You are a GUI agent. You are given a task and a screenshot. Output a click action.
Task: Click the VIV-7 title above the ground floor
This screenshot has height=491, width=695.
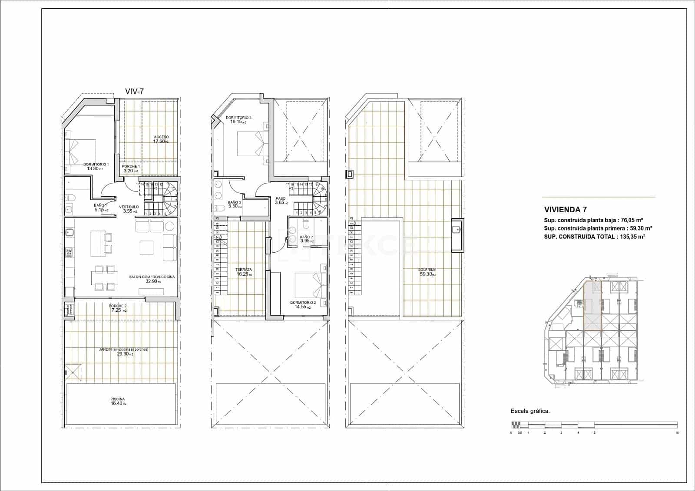pos(134,91)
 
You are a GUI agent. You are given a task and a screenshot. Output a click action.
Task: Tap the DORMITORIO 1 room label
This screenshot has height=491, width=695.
pos(96,166)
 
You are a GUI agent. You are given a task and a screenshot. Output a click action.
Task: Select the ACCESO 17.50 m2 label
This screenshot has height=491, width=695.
pos(161,139)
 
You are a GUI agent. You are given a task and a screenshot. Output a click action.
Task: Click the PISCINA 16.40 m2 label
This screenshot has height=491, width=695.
pos(118,401)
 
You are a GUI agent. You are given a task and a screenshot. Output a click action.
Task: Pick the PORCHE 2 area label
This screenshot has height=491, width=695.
pos(118,308)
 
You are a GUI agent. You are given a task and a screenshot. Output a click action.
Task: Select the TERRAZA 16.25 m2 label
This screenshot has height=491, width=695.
pos(244,272)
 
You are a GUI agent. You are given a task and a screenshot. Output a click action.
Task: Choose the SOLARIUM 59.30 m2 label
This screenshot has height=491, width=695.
pos(427,272)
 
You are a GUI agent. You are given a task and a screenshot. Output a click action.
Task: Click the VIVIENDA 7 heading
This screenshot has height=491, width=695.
pos(563,209)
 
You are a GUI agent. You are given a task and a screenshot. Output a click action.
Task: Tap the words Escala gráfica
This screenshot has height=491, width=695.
pos(530,411)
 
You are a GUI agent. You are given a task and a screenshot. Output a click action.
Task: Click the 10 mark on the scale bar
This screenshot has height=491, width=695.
pos(677,432)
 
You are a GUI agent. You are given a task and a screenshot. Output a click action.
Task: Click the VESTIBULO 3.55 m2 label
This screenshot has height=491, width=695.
pos(130,209)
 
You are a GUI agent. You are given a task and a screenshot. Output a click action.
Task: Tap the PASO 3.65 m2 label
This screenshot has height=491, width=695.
pos(281,201)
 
